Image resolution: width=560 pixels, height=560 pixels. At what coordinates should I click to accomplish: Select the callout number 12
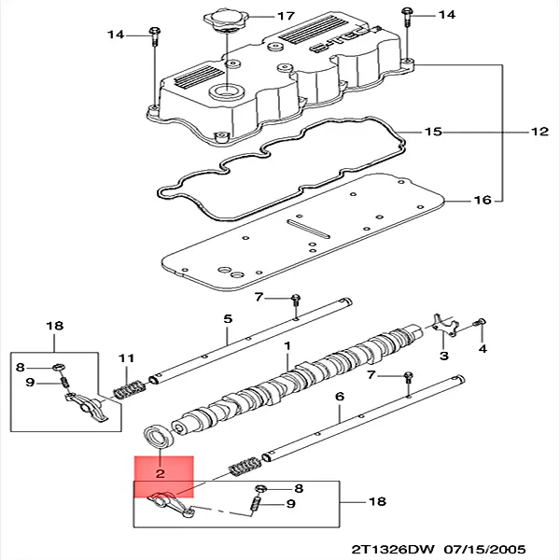(x=539, y=132)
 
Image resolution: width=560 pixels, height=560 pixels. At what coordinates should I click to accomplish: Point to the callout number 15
(x=432, y=132)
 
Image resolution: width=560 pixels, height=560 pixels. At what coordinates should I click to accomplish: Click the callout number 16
(x=482, y=200)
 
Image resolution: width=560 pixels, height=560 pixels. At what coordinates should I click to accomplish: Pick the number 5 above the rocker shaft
(x=227, y=319)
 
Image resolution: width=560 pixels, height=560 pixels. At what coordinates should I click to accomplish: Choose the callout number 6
(x=338, y=397)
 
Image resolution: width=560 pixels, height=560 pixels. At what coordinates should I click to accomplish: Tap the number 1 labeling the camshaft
(x=288, y=345)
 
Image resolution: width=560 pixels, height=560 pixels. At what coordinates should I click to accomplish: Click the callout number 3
(x=443, y=356)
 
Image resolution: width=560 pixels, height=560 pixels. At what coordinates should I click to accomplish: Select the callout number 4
(x=483, y=349)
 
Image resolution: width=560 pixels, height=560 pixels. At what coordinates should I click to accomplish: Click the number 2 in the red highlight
(x=161, y=474)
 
